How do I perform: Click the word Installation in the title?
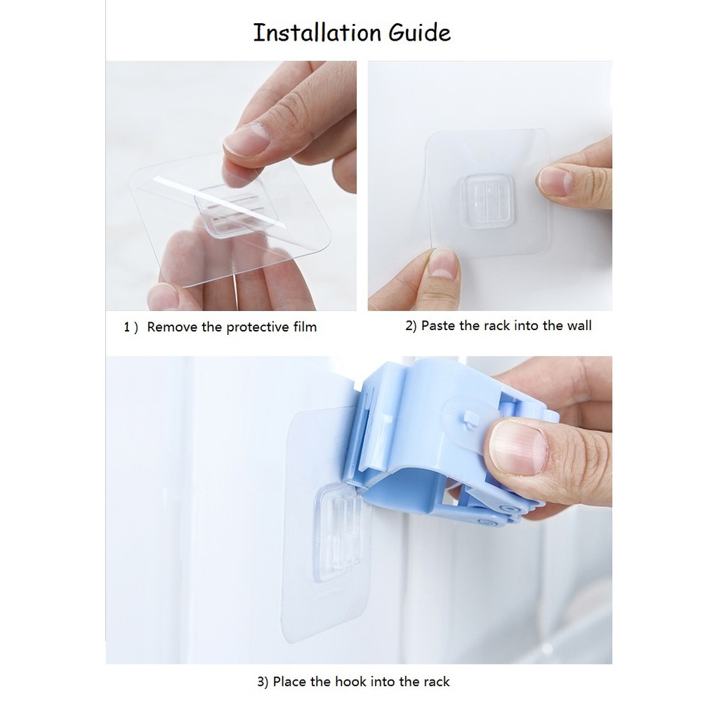[x=317, y=32]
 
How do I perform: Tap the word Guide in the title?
[x=420, y=32]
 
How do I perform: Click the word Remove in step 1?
[x=172, y=327]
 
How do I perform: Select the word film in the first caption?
[x=305, y=327]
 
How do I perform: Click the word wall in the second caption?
[x=579, y=326]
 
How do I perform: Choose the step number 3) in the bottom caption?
[x=263, y=682]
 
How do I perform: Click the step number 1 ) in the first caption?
[x=131, y=327]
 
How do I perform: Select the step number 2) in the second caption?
[x=411, y=326]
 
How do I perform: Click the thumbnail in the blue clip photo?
[x=519, y=447]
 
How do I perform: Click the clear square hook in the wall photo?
[x=488, y=201]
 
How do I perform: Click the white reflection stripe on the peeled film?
[x=219, y=202]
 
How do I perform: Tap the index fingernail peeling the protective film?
[x=246, y=140]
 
